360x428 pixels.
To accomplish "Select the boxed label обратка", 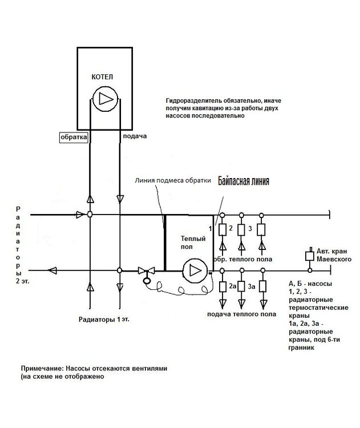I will coord(73,137).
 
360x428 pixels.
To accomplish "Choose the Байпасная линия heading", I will coord(244,180).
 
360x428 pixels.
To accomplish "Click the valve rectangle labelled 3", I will coord(242,229).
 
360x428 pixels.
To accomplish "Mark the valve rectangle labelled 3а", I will coord(242,286).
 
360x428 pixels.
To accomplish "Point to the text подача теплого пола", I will coord(242,314).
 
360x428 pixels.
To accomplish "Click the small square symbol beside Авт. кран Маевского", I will coord(310,253).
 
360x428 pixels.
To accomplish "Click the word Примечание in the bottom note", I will coord(42,369).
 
